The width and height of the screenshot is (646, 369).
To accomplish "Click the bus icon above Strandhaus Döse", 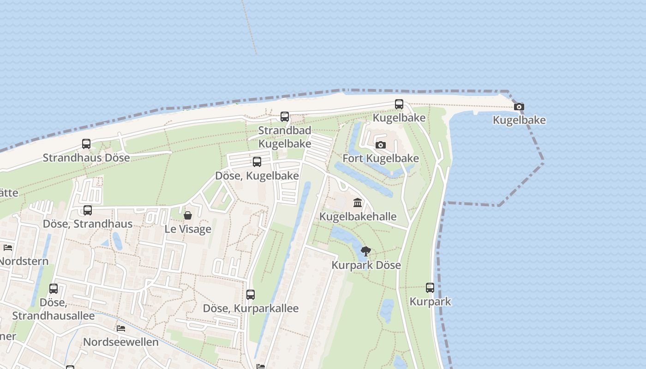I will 86,144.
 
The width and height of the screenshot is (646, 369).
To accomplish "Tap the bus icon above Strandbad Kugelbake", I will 285,117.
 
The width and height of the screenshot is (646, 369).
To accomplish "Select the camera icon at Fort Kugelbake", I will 381,145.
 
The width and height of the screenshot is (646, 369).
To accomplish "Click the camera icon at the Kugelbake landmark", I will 519,107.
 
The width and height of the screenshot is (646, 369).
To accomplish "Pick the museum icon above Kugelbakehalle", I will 358,202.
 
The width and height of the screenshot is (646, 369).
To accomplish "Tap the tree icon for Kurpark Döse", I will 366,251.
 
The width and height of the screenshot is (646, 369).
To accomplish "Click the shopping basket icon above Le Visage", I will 188,215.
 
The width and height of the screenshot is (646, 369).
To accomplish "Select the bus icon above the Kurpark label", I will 430,288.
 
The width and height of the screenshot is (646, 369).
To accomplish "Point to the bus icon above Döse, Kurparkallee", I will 251,294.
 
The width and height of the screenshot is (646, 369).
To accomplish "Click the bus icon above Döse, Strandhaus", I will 88,210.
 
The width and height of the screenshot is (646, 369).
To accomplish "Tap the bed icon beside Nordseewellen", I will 121,328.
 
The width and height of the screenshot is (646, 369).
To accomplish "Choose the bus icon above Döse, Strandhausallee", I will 54,289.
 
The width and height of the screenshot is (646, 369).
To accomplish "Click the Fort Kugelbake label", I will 381,159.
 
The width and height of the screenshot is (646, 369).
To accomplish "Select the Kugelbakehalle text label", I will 358,217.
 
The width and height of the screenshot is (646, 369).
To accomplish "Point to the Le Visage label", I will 188,229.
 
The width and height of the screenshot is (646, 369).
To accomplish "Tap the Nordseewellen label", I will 120,342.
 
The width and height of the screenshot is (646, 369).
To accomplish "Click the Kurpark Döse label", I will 366,266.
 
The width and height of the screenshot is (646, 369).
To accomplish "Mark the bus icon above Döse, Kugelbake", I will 257,162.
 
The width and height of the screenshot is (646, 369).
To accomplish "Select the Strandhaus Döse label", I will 86,158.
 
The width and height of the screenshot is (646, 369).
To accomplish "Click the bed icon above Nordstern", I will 8,248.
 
